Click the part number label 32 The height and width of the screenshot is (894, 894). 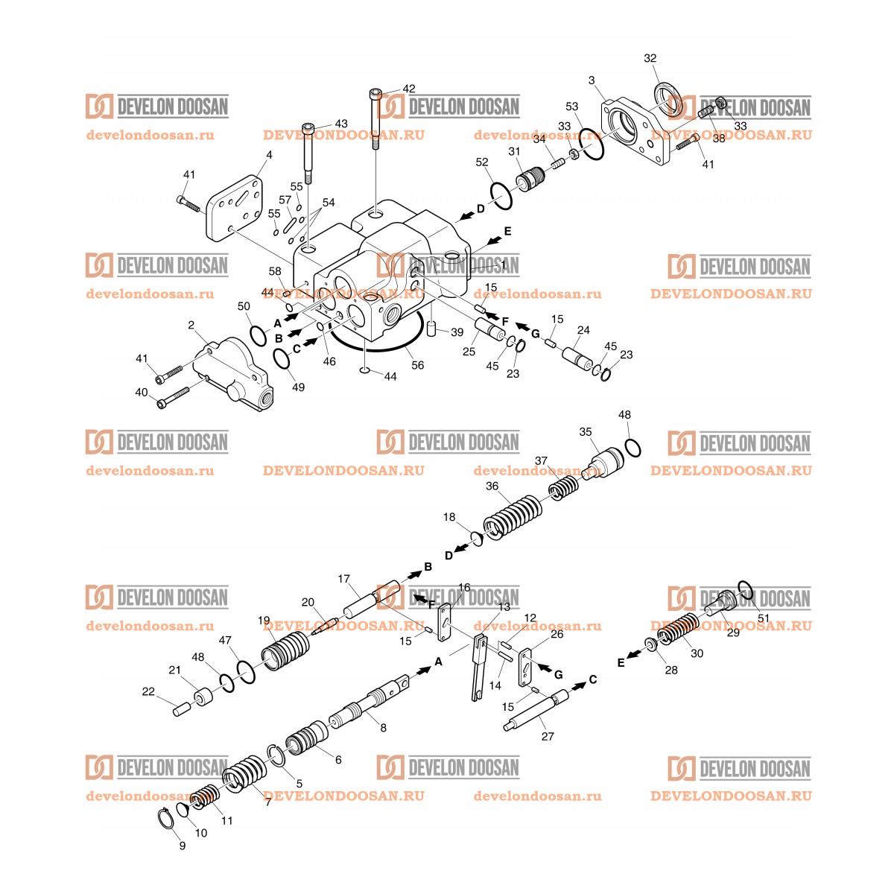(650, 58)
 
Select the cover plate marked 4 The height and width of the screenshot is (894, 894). (235, 208)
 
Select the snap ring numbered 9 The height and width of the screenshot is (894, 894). (168, 817)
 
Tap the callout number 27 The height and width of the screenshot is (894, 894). (548, 736)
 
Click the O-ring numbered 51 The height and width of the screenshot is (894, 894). (745, 589)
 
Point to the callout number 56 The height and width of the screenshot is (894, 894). (418, 365)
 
